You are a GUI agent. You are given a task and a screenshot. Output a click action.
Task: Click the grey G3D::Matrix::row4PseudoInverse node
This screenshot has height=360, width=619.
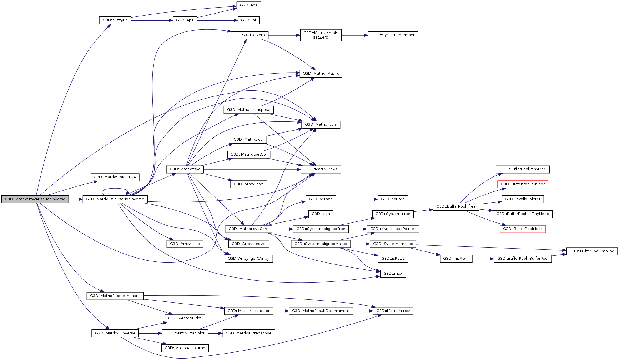[x=35, y=199]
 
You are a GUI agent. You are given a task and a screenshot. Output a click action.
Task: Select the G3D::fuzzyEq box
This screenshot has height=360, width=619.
[x=115, y=20]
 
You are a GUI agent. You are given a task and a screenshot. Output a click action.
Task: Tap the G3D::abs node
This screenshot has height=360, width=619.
[x=248, y=5]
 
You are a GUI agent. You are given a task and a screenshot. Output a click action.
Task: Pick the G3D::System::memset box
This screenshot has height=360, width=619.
[x=393, y=35]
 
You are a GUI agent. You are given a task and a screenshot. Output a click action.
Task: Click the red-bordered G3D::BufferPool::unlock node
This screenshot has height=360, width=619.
[x=523, y=184]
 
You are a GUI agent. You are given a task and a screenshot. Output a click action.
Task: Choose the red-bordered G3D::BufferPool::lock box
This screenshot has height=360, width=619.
[x=523, y=229]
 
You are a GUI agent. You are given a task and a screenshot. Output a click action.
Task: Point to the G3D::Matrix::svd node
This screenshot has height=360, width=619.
[x=185, y=169]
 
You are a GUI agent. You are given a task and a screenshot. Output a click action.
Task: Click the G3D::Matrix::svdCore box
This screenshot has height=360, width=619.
[x=248, y=229]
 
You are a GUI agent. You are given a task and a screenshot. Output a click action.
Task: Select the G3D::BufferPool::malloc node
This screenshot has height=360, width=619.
[x=592, y=251]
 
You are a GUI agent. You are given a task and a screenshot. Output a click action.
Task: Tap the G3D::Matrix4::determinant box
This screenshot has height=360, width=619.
[x=115, y=296]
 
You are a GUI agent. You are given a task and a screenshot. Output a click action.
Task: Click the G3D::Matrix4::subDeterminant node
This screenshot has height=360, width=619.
[x=321, y=311]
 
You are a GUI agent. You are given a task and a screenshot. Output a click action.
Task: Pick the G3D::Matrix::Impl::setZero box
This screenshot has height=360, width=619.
[x=321, y=35]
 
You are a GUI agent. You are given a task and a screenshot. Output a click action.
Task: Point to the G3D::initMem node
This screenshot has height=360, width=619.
[x=456, y=259]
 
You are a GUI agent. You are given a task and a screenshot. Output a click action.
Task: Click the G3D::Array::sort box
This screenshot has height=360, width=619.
[x=248, y=184]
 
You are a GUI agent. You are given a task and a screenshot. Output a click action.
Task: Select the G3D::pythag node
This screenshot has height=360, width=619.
[x=321, y=199]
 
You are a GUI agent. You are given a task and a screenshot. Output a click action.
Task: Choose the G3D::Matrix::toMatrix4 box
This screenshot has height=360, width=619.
[x=115, y=177]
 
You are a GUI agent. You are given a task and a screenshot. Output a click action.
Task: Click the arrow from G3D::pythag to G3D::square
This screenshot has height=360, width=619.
[x=357, y=199]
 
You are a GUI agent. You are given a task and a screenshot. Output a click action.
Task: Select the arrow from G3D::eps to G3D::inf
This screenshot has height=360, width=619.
[x=217, y=20]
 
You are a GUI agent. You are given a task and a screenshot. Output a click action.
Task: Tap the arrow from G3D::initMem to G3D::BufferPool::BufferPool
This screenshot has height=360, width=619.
[x=483, y=259]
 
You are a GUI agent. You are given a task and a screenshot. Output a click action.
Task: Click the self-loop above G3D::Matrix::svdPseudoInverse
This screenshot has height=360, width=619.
[x=115, y=189]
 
